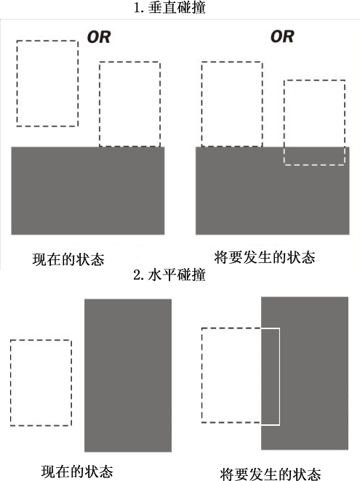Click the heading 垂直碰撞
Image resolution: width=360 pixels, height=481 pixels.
pyautogui.click(x=177, y=7)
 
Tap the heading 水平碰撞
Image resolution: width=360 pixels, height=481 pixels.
pyautogui.click(x=177, y=275)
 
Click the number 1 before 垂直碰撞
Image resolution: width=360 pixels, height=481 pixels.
pyautogui.click(x=137, y=8)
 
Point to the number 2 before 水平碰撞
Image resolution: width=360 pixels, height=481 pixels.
pyautogui.click(x=137, y=275)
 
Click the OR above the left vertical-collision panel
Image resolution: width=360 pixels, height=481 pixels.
pyautogui.click(x=99, y=37)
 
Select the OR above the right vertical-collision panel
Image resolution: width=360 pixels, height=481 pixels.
pyautogui.click(x=282, y=36)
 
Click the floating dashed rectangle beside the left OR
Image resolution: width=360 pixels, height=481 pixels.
pyautogui.click(x=47, y=41)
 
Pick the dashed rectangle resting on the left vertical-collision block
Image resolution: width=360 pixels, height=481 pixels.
pyautogui.click(x=129, y=62)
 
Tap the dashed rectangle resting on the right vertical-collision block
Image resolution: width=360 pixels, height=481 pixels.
pyautogui.click(x=232, y=62)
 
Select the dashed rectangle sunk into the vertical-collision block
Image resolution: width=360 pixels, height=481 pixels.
pyautogui.click(x=314, y=81)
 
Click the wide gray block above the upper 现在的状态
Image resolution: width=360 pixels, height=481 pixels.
pyautogui.click(x=88, y=191)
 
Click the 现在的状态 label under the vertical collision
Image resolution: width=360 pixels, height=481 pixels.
pyautogui.click(x=68, y=259)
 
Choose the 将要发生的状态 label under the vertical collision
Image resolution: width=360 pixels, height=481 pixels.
pyautogui.click(x=265, y=257)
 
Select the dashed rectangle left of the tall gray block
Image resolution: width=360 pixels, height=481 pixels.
pyautogui.click(x=41, y=340)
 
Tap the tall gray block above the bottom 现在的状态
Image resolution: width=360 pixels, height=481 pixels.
pyautogui.click(x=128, y=375)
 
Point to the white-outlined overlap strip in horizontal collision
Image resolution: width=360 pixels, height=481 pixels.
pyautogui.click(x=279, y=376)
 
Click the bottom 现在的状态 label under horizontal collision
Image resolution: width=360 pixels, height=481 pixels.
pyautogui.click(x=77, y=472)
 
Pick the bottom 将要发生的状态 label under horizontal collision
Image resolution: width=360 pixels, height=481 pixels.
pyautogui.click(x=271, y=474)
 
